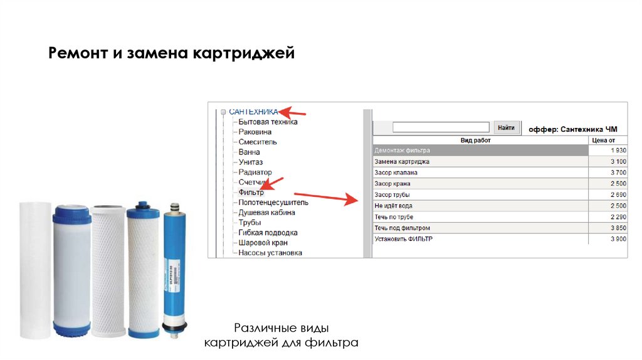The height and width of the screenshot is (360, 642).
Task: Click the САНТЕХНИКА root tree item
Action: coord(253,111)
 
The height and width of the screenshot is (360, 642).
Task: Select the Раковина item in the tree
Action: coord(255,132)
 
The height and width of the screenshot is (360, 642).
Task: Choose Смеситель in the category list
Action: coord(258,142)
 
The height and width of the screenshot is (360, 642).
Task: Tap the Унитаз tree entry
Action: coord(252,162)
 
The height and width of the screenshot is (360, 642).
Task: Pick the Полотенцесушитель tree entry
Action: coord(273,203)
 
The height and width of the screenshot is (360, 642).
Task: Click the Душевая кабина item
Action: coord(266,213)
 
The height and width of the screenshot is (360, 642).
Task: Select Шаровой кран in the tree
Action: coord(263,243)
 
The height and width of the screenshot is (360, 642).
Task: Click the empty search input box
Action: coord(441,127)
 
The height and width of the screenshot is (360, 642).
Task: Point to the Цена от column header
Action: coord(608,140)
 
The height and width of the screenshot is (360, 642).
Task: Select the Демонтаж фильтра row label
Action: coord(402,151)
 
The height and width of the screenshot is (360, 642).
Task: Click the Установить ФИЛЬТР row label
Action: coord(403,239)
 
